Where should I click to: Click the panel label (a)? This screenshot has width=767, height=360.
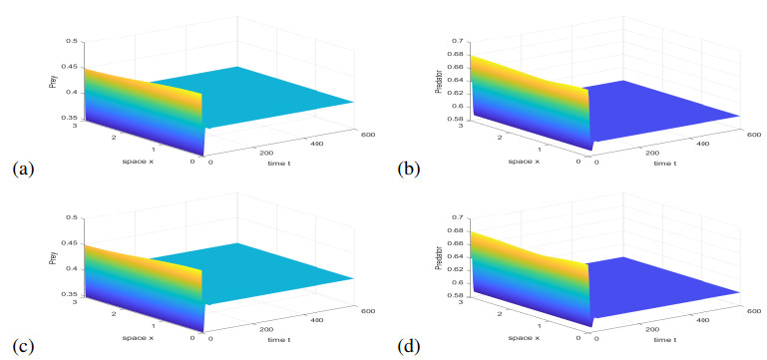24,170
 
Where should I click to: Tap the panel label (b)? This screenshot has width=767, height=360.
409,170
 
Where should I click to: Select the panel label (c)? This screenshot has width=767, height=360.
24,347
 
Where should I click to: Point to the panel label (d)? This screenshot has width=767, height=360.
409,347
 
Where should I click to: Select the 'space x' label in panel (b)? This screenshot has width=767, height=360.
524,162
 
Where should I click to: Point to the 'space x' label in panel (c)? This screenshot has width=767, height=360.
139,338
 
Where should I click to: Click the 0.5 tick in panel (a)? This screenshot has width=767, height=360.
72,41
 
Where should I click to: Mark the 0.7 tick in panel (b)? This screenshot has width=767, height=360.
459,41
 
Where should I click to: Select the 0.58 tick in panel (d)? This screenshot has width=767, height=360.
457,296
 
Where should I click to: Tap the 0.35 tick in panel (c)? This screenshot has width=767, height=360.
71,294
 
